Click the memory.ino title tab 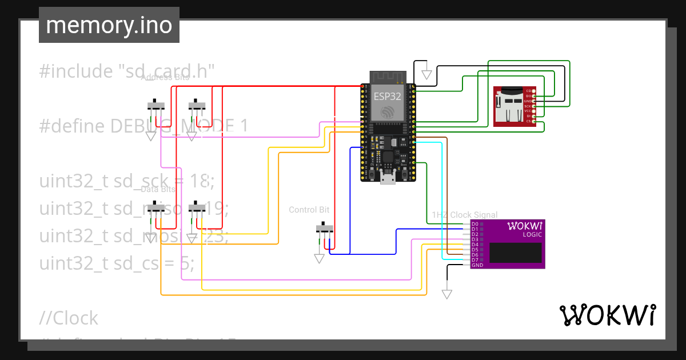coord(109,25)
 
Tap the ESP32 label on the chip coord(387,97)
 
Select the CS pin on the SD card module coord(529,121)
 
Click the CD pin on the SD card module coord(529,91)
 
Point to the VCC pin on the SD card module coord(528,111)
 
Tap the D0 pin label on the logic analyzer coord(475,224)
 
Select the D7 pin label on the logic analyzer coord(475,260)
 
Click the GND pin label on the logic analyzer coord(477,265)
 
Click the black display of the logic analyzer coord(515,253)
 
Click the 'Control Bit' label coord(309,210)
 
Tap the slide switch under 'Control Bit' coord(325,229)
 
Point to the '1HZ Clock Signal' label coord(464,215)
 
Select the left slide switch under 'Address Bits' coord(156,106)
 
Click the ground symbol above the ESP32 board coord(426,74)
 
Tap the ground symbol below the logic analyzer coord(447,294)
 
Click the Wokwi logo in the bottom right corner coord(607,315)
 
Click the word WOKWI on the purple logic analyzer coord(525,226)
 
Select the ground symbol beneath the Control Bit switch coord(320,258)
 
